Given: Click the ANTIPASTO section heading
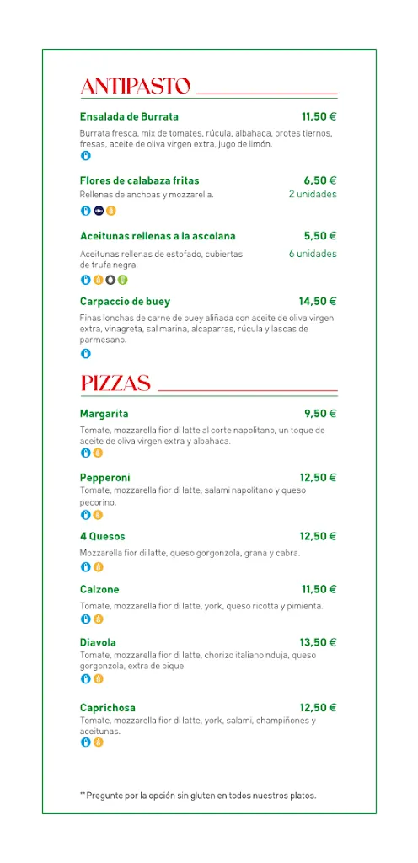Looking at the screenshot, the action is pyautogui.click(x=135, y=87).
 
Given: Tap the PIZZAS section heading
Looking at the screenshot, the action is pyautogui.click(x=115, y=384).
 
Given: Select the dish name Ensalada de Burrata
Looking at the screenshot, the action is pyautogui.click(x=129, y=117).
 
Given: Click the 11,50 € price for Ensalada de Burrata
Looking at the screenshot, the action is pyautogui.click(x=319, y=117).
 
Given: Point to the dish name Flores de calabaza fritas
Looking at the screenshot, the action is pyautogui.click(x=139, y=180).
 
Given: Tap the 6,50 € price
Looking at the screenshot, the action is pyautogui.click(x=320, y=180).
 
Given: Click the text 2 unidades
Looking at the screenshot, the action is pyautogui.click(x=312, y=195).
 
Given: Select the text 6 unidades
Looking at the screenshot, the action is pyautogui.click(x=312, y=254).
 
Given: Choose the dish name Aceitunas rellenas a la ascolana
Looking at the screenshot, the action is pyautogui.click(x=158, y=236).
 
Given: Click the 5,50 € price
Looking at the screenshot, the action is pyautogui.click(x=320, y=236).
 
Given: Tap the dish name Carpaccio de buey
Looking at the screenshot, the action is pyautogui.click(x=125, y=301).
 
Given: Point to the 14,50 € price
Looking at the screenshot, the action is pyautogui.click(x=318, y=301).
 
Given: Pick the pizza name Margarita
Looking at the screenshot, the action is pyautogui.click(x=104, y=414).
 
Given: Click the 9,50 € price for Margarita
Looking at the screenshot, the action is pyautogui.click(x=320, y=414).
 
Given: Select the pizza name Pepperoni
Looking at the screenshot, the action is pyautogui.click(x=105, y=478).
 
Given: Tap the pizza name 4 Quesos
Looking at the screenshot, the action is pyautogui.click(x=103, y=536).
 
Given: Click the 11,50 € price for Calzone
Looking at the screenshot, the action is pyautogui.click(x=319, y=589).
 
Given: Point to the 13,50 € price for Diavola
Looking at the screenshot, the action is pyautogui.click(x=319, y=642).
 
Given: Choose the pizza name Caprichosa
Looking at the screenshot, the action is pyautogui.click(x=108, y=708).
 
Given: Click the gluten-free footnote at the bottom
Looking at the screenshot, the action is pyautogui.click(x=198, y=795).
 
